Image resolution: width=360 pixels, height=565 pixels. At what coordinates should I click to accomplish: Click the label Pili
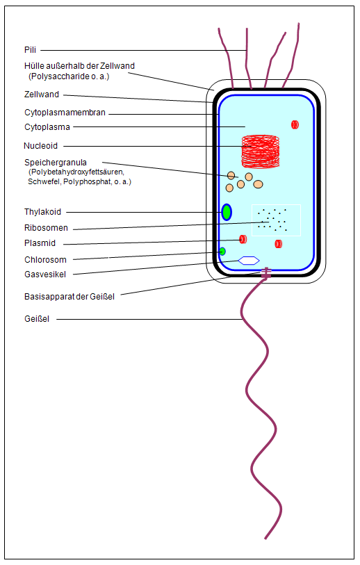click(x=31, y=50)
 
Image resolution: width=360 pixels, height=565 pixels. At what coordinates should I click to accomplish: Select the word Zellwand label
click(x=42, y=95)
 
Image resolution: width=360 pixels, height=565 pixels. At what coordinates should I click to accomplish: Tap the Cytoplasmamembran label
click(x=65, y=113)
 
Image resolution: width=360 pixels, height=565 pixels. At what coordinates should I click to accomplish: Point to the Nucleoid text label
click(x=41, y=145)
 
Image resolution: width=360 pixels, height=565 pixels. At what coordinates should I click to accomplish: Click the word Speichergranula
click(x=56, y=163)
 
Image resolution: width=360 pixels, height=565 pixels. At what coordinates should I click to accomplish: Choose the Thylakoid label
click(x=42, y=211)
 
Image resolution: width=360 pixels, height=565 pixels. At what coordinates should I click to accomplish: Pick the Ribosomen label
click(x=46, y=228)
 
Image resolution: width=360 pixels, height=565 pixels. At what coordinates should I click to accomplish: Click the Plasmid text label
click(x=40, y=243)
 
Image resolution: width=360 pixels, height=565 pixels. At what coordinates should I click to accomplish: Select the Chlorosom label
click(x=45, y=259)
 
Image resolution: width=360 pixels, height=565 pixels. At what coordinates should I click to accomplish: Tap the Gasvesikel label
click(x=45, y=275)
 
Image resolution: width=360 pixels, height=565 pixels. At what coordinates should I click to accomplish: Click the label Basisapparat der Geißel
click(x=69, y=297)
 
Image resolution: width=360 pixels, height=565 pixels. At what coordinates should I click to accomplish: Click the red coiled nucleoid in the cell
click(x=261, y=152)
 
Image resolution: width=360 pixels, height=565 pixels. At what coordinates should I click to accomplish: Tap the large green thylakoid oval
click(x=227, y=212)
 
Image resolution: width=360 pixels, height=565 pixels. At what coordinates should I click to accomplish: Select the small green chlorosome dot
click(x=222, y=252)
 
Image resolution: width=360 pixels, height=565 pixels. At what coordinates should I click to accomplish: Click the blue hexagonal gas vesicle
click(x=249, y=261)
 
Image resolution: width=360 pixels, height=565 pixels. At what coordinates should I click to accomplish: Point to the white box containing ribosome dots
click(x=276, y=220)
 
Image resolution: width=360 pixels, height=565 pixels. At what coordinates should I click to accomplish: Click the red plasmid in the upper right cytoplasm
click(x=295, y=124)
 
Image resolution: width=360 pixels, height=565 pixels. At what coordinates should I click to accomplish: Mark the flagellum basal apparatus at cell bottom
click(x=266, y=273)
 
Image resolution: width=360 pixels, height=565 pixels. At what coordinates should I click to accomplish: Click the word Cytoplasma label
click(x=47, y=127)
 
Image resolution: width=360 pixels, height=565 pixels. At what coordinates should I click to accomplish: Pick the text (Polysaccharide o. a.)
click(x=69, y=76)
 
